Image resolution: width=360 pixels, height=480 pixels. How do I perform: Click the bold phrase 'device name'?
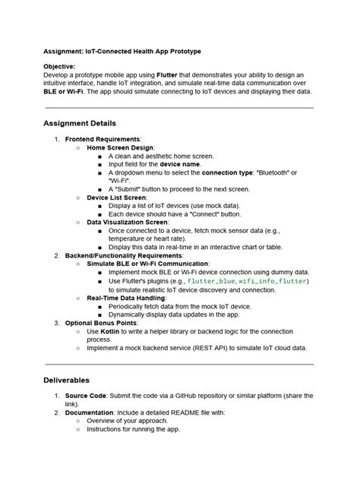(x=180, y=164)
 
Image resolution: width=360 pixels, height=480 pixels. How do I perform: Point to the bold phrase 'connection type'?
(x=228, y=172)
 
